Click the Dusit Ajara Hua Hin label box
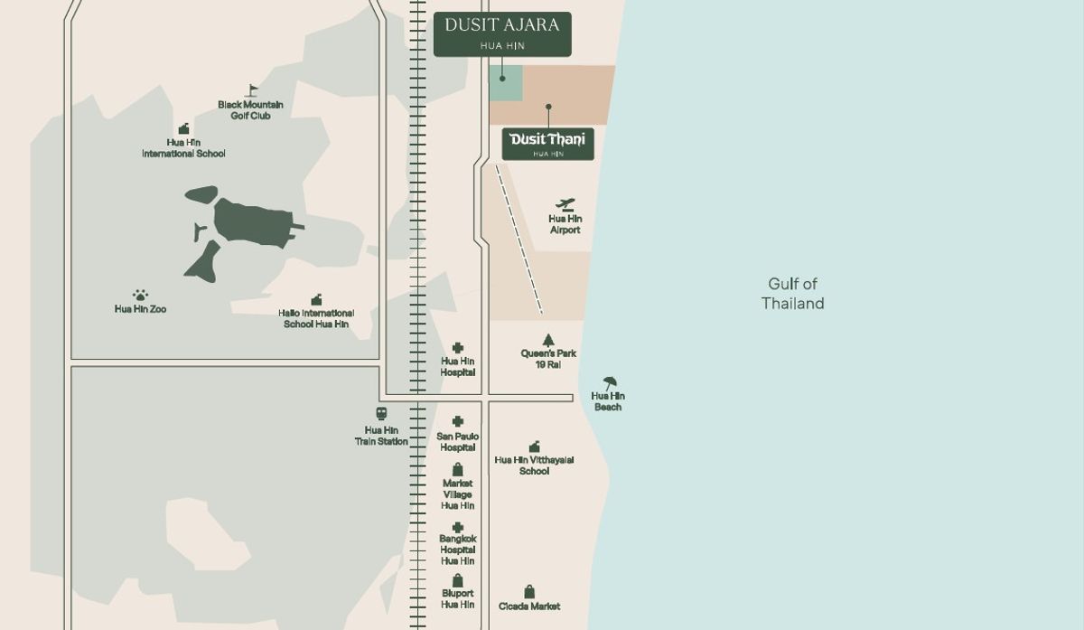(502, 33)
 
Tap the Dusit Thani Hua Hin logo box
(547, 143)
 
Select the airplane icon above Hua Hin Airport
(565, 203)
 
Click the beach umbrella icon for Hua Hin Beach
(610, 383)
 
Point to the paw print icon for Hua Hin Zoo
(140, 296)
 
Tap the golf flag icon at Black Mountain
(252, 90)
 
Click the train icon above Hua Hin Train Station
(381, 414)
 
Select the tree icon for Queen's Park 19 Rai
(547, 339)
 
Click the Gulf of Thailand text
(792, 294)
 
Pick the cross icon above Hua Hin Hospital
(458, 348)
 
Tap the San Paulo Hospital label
(458, 442)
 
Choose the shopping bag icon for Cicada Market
(529, 591)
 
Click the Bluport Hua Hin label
(458, 598)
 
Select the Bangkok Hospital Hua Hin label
(458, 550)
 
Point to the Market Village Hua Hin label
(458, 494)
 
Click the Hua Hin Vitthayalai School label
(534, 465)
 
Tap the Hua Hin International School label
(183, 148)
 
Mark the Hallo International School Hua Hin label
(316, 318)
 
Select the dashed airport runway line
(519, 239)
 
